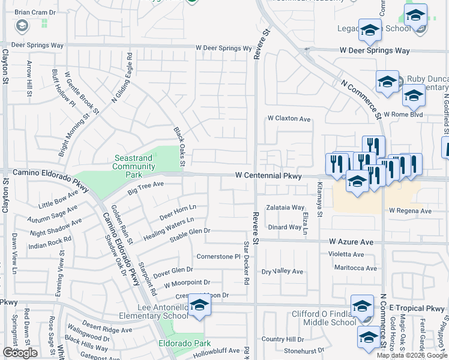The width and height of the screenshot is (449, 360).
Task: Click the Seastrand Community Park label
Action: click(x=134, y=166)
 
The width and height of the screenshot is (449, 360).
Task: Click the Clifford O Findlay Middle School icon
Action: click(x=362, y=307)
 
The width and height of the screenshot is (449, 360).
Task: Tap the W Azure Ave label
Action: click(x=351, y=242)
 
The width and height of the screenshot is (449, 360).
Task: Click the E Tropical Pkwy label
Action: click(x=416, y=308)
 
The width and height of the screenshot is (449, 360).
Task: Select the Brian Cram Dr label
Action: click(x=35, y=12)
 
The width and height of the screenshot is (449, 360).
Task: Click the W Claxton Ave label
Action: click(x=289, y=119)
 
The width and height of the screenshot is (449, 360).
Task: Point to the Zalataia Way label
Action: click(x=286, y=208)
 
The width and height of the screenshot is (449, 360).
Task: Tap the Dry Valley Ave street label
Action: click(x=283, y=271)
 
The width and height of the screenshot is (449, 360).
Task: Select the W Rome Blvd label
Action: click(x=403, y=115)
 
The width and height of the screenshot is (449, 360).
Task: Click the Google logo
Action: click(x=20, y=353)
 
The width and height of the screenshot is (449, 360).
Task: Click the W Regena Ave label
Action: click(x=410, y=211)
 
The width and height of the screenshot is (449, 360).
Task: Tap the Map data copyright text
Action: click(x=411, y=355)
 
